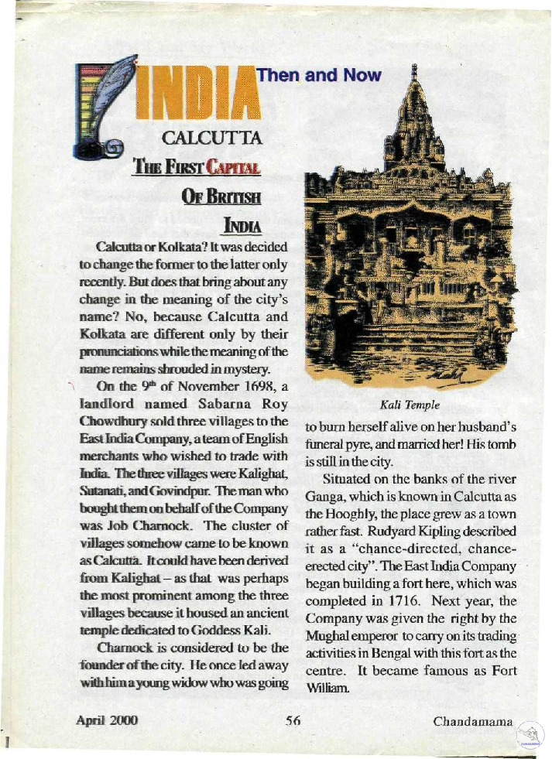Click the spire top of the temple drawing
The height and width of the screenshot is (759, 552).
coord(415,74)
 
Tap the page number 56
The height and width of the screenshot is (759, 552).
coord(292,721)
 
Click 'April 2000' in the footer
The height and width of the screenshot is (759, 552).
coord(107,721)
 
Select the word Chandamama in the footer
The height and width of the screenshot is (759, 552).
coord(473,722)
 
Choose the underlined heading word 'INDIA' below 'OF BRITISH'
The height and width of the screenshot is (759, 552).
coord(241,226)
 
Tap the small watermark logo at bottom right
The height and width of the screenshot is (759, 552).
coord(530,734)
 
